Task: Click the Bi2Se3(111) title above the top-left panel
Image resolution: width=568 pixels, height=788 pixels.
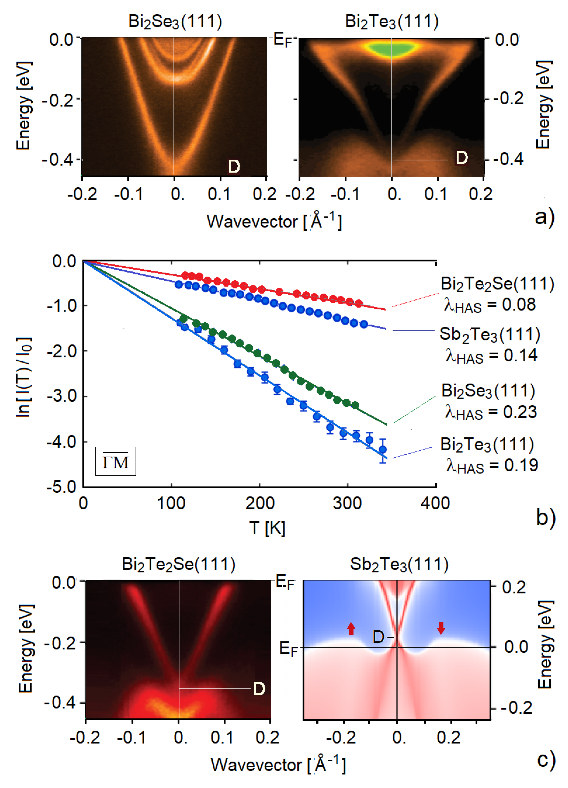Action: (x=175, y=21)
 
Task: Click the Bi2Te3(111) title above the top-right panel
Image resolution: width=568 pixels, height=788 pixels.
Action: (x=392, y=21)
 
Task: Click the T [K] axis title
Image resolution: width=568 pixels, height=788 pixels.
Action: (x=267, y=528)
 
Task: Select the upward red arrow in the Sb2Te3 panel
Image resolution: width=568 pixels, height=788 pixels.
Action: (x=351, y=628)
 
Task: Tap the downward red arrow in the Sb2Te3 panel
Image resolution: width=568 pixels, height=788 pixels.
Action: (x=441, y=628)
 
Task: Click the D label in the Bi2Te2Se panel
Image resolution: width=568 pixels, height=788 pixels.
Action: (x=259, y=689)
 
